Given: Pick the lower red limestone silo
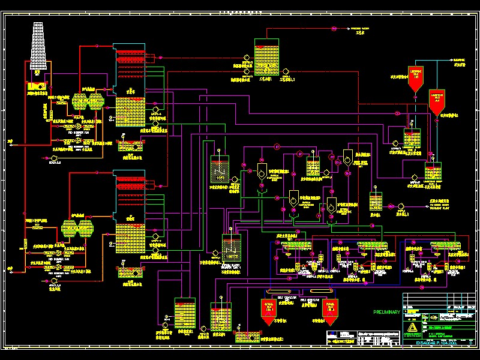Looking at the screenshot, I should [x=436, y=103].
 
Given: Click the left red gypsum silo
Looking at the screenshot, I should [x=267, y=308].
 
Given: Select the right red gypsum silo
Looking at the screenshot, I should [x=329, y=308].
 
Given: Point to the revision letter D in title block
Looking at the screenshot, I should [x=470, y=343].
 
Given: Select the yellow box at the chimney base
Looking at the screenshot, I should [x=37, y=87].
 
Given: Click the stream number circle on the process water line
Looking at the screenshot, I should [x=334, y=29].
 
